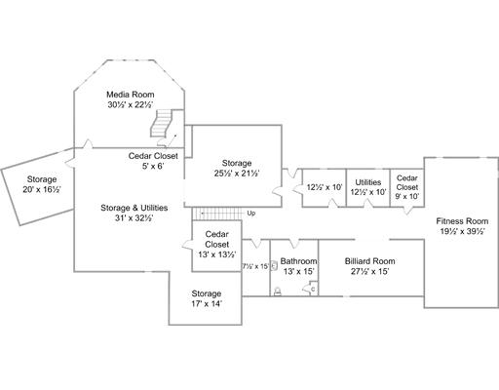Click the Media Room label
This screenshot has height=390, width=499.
pos(131,95)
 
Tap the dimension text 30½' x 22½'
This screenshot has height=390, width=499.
pos(131,104)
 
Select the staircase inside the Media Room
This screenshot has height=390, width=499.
pos(161,124)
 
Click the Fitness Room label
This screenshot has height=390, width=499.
pos(462,221)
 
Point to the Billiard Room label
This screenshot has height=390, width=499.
pos(370,261)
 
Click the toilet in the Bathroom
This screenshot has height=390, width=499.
pos(278,292)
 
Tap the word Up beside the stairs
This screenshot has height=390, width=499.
pos(251,214)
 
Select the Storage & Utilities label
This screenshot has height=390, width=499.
pos(134,208)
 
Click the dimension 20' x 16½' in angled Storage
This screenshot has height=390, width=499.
pos(42,189)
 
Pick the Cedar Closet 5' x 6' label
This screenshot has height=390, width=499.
pos(153,161)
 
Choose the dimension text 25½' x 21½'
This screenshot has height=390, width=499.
pos(237,174)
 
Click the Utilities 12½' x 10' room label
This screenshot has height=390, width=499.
pos(368,187)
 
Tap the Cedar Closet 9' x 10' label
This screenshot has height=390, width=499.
pos(407,187)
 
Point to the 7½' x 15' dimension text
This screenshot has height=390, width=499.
pos(255,266)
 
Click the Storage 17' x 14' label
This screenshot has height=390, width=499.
pos(207,298)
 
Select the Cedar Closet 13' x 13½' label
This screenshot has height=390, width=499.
pos(216,244)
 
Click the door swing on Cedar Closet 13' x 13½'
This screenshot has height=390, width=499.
pos(187,246)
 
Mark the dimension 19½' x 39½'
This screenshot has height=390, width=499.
pos(462,231)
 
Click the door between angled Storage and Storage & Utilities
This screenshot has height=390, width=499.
pos(70,161)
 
